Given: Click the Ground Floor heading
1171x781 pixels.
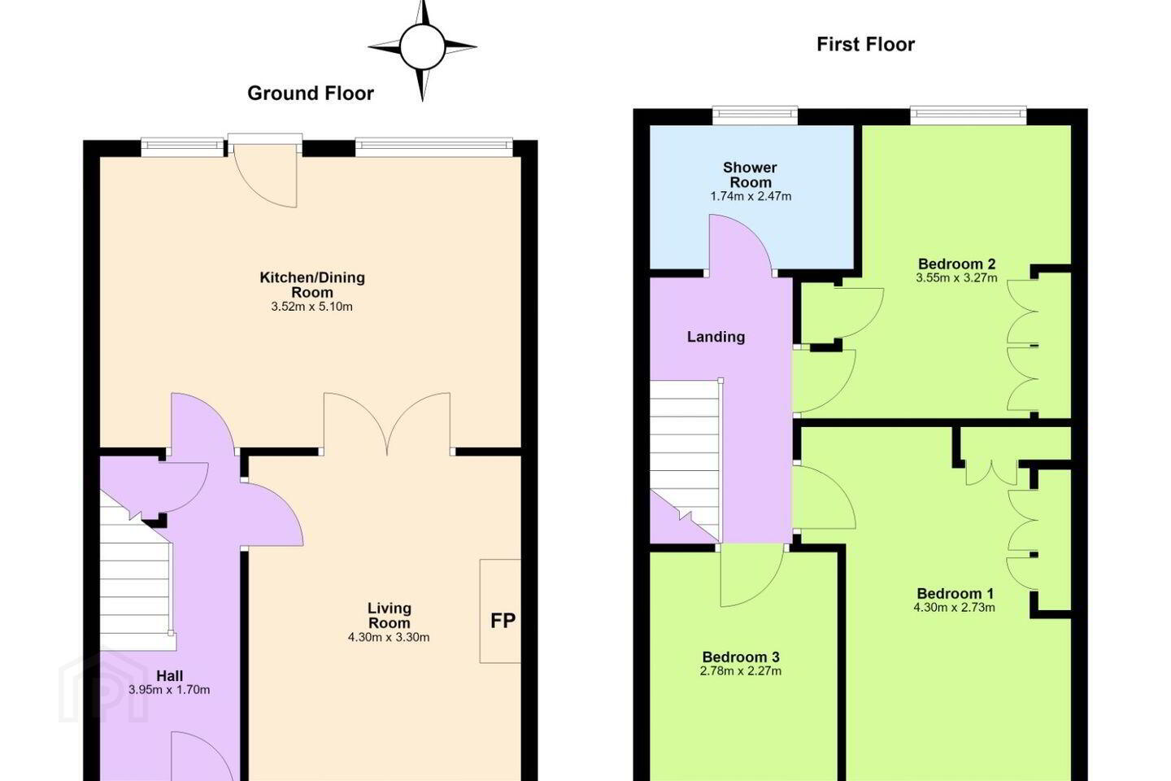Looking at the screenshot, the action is (311, 94).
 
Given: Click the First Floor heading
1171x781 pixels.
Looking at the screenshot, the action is (866, 45).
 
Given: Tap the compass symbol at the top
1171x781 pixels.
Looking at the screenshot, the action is (422, 47).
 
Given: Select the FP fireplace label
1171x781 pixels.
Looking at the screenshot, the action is (503, 621).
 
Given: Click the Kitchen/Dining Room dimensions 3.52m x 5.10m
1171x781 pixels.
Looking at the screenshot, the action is (311, 307).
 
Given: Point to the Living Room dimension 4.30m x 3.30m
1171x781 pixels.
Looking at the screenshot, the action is (389, 638).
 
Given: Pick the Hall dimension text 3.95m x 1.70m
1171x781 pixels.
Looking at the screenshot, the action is (169, 690).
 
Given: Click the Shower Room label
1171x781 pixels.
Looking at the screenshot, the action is (750, 175).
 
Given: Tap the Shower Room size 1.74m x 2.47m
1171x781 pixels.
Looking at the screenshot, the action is (750, 197).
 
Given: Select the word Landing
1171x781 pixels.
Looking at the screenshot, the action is (716, 337).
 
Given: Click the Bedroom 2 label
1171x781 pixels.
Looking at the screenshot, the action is (956, 264).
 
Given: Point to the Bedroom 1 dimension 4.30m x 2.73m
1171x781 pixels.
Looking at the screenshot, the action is (955, 608).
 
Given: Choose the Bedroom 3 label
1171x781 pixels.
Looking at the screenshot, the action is (741, 657).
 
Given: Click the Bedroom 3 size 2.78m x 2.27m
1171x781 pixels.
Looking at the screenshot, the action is (741, 671).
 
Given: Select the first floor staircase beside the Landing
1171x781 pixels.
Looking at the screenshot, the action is (685, 460).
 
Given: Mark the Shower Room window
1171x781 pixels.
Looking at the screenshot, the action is (755, 116).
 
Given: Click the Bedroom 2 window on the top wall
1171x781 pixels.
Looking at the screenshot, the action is (969, 116).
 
